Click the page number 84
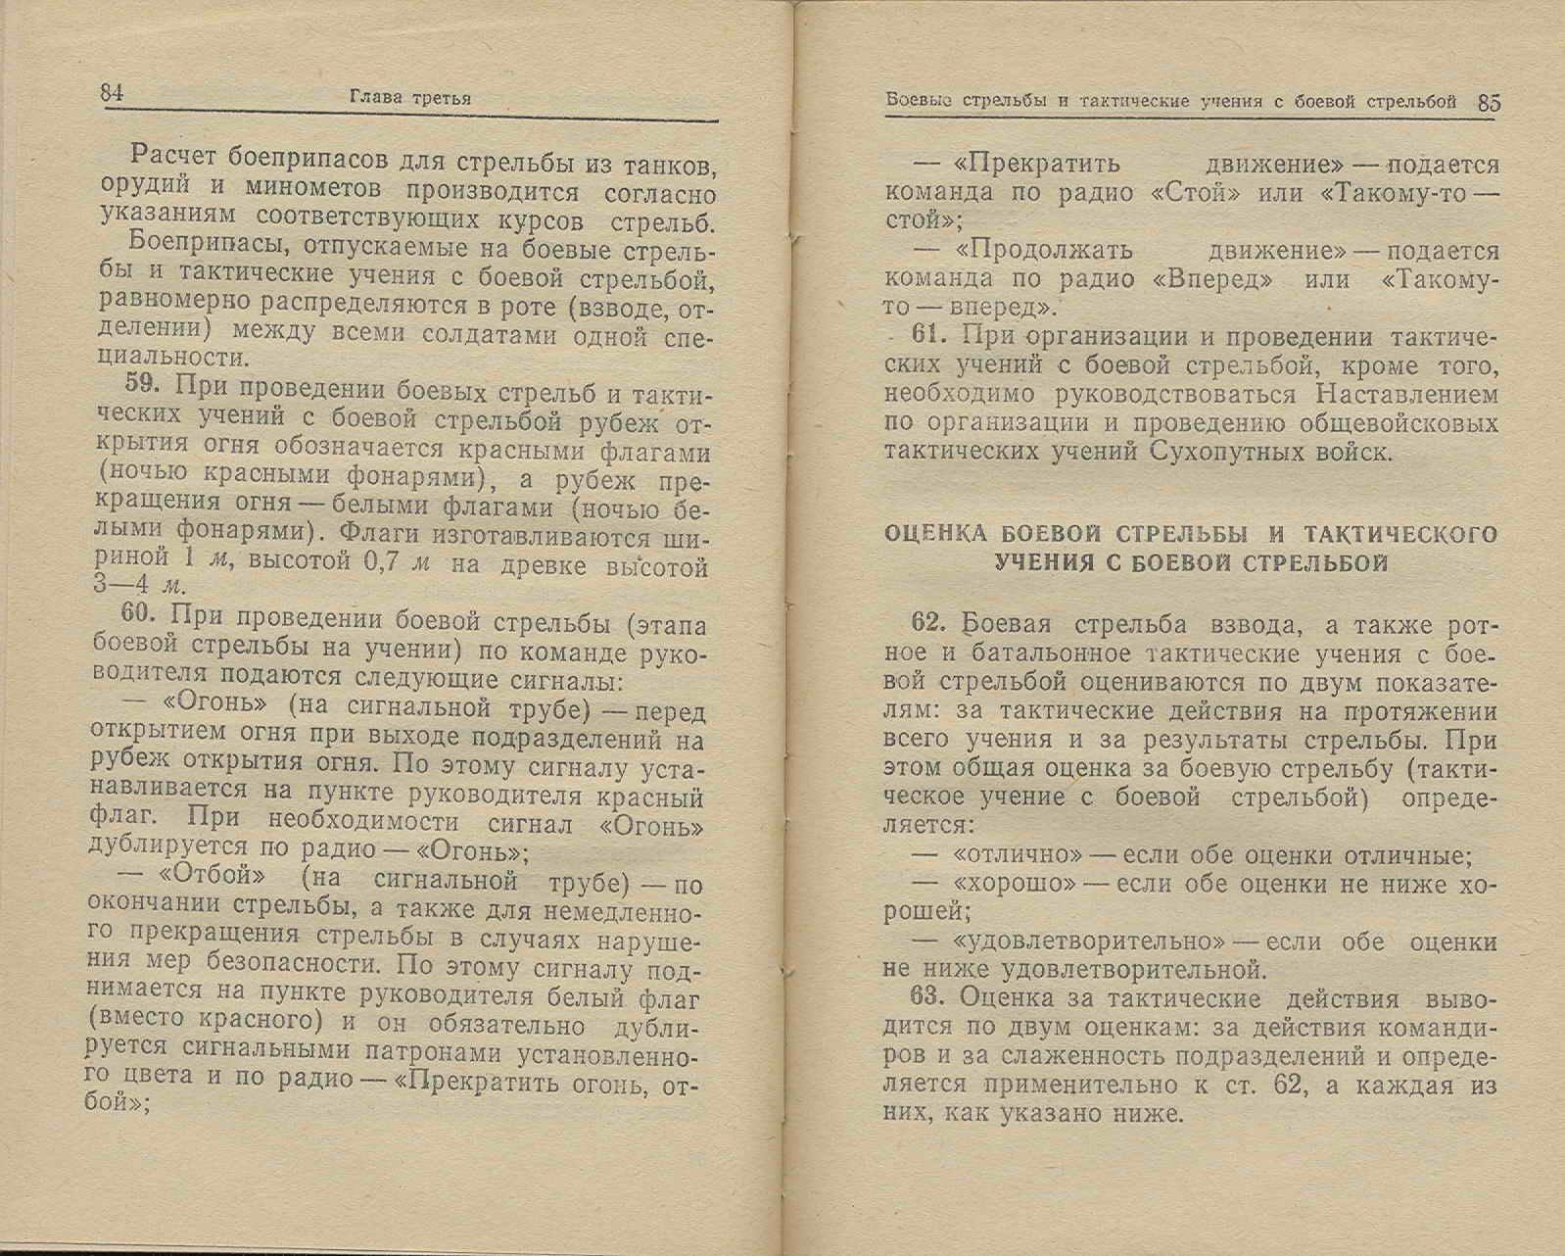click(111, 94)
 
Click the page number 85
click(1489, 102)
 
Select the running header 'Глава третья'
click(410, 98)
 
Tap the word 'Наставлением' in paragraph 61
click(1407, 395)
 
